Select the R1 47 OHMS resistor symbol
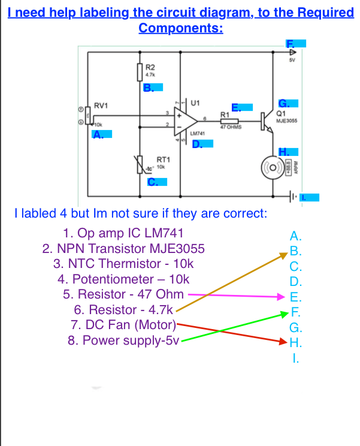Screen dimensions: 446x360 [229, 121]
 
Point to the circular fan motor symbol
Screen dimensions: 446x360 [275, 166]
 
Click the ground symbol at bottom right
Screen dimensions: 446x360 [294, 196]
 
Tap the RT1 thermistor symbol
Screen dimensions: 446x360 [141, 162]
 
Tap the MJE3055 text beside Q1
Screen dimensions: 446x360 [286, 120]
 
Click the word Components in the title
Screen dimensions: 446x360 [180, 28]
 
